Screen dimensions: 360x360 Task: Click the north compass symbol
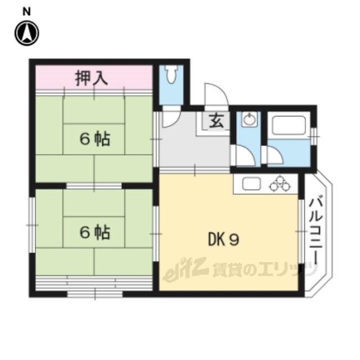click(x=27, y=33)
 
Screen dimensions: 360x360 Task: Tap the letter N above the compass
click(x=26, y=12)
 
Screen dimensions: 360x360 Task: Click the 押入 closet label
click(x=92, y=78)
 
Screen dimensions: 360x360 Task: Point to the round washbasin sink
click(x=249, y=120)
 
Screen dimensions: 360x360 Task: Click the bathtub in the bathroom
click(x=289, y=125)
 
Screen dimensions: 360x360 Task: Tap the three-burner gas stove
click(x=280, y=183)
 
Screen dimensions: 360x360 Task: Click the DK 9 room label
click(x=224, y=240)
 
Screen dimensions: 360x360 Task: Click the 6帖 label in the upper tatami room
click(x=94, y=139)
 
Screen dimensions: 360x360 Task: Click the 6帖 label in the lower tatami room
click(x=94, y=232)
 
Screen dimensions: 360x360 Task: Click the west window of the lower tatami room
click(x=32, y=225)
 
